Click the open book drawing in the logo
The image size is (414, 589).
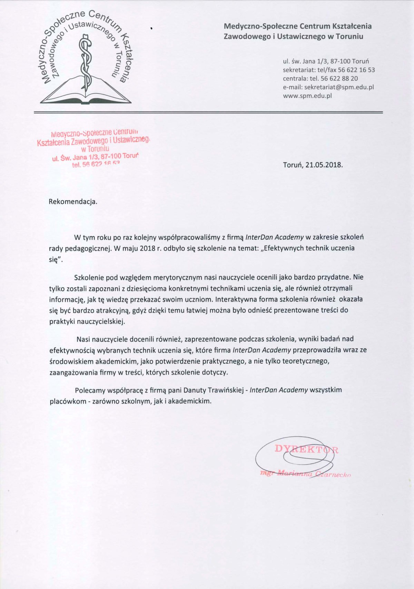click(x=86, y=93)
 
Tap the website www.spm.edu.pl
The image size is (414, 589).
click(x=307, y=96)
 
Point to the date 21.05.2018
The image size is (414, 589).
click(x=324, y=165)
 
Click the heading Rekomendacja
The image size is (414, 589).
click(x=73, y=202)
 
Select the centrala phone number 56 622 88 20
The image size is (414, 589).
click(x=339, y=79)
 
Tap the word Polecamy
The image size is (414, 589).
click(x=90, y=390)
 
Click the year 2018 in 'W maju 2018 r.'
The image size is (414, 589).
click(x=148, y=248)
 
